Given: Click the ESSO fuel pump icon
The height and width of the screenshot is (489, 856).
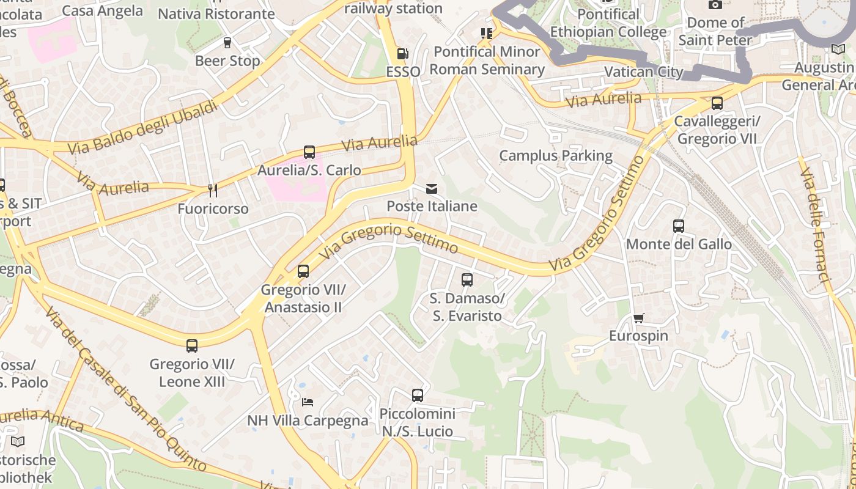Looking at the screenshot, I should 402,54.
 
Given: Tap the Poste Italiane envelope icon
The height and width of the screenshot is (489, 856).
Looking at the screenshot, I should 432,188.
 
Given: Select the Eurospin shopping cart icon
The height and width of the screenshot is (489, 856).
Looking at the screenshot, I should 638,318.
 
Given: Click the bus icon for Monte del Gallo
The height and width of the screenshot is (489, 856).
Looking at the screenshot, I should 678,226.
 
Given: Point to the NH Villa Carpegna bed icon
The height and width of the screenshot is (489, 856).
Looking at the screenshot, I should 308,402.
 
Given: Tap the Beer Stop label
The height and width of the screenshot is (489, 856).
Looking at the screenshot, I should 227,61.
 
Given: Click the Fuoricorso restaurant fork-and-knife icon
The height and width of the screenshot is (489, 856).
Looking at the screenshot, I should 213,191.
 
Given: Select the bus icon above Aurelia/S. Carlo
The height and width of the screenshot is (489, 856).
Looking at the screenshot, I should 309,152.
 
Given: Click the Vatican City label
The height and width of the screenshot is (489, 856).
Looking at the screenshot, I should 643,72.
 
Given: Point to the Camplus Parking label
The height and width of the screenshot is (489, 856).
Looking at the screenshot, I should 556,155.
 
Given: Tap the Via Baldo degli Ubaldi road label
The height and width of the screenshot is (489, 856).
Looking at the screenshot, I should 142,127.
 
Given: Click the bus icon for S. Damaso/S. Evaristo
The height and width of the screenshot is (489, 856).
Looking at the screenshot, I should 467,280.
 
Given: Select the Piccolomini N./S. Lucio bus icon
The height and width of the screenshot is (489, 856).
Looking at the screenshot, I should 418,395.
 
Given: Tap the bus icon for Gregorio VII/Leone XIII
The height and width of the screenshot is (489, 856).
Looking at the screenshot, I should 192,346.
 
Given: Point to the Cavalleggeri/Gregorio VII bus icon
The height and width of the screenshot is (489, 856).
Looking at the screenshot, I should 717,103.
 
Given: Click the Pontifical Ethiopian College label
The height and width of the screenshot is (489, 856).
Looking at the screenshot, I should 608,23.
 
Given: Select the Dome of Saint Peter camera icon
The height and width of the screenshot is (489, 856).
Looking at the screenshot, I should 715,5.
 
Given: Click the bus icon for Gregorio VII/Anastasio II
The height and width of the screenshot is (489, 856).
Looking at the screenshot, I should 303,271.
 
